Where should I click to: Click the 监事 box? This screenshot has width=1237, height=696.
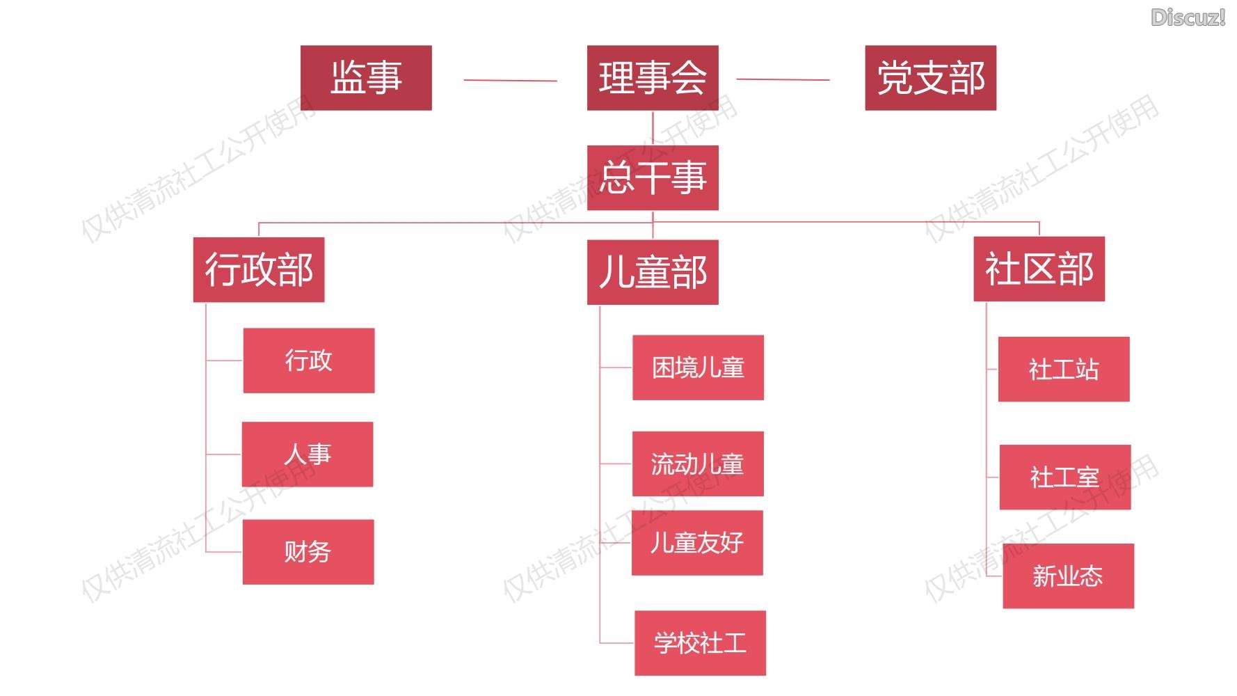coord(366,78)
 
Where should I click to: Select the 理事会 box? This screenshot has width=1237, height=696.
coord(653,78)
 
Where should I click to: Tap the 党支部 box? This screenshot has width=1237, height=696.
coord(930,78)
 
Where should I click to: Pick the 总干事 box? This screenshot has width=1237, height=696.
coord(653,177)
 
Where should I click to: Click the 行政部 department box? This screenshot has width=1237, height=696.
coord(259,270)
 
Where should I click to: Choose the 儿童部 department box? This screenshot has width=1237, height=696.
coord(653,272)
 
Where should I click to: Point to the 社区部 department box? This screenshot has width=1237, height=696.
coord(1039,269)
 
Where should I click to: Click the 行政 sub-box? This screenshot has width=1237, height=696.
coord(309,361)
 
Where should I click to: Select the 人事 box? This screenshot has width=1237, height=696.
coord(308,454)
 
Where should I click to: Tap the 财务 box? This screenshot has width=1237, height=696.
coord(308,552)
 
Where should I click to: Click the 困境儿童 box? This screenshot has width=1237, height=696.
coord(698,367)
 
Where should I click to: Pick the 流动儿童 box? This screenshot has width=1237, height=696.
coord(698,464)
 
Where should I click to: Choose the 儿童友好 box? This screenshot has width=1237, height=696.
coord(697,543)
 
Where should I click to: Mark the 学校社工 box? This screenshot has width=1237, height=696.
coord(700,643)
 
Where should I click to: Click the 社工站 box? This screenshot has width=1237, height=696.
coord(1064,370)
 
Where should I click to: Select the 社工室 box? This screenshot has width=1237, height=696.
coord(1065,477)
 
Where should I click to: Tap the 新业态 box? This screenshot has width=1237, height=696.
coord(1068,576)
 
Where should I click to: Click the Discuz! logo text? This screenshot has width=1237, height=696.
coord(1188,17)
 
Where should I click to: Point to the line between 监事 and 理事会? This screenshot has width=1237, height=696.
coord(510,81)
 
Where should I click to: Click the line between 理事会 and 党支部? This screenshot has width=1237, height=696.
coord(783,80)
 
